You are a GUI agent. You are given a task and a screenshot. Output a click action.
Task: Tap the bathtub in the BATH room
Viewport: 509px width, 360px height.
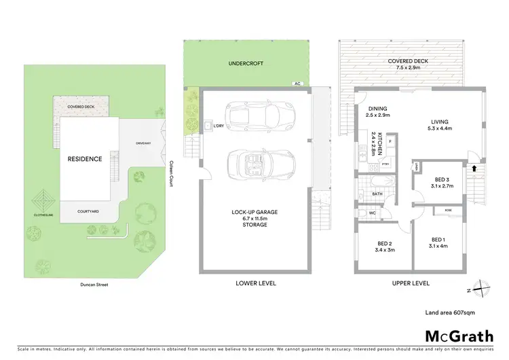point(377,182)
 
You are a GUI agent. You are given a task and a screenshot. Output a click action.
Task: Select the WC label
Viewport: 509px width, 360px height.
point(373,213)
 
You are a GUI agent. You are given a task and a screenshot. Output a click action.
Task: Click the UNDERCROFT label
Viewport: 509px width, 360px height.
point(246,63)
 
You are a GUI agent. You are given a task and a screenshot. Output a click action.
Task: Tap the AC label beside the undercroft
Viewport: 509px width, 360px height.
point(297,84)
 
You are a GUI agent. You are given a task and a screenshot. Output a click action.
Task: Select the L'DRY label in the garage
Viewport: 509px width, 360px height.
point(218,126)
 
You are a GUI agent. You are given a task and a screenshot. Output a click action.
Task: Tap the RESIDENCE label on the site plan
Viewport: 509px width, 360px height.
point(84,159)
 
